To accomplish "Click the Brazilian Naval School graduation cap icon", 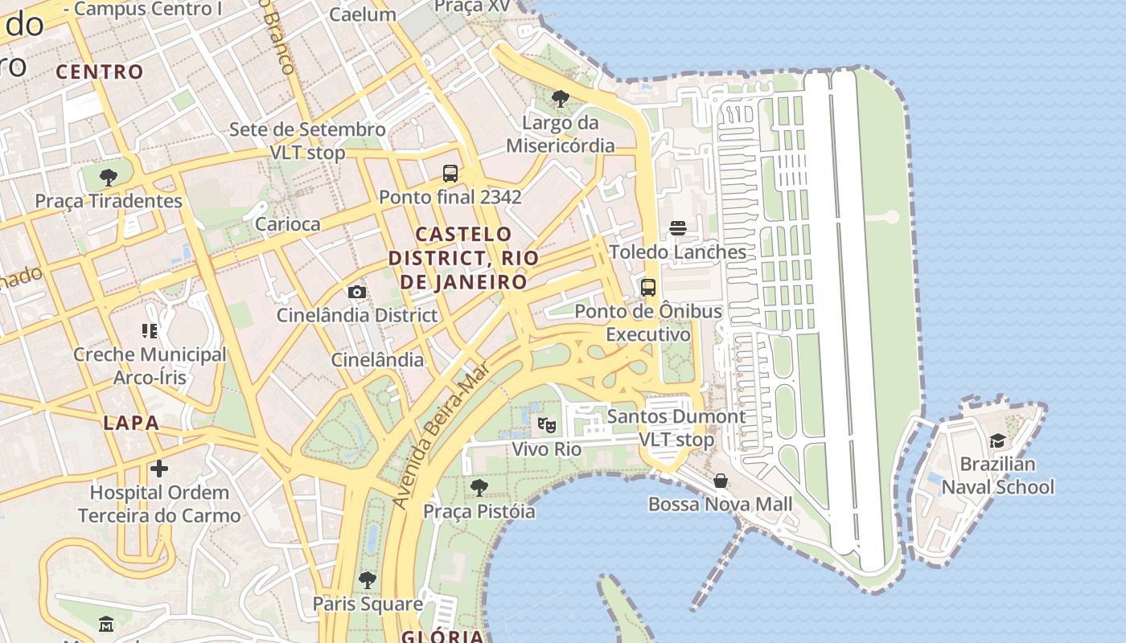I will (x=997, y=440).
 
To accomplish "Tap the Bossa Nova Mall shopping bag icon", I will (x=721, y=481).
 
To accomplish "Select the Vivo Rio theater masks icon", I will (x=547, y=424).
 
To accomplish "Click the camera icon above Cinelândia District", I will (x=357, y=291).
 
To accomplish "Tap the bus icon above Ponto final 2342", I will (x=450, y=173).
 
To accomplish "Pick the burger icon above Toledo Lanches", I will (x=678, y=228).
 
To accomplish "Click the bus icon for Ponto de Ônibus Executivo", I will (x=648, y=287).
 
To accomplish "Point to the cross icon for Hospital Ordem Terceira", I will (x=159, y=469).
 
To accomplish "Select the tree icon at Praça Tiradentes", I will (x=108, y=177).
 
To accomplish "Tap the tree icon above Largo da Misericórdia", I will (x=561, y=99).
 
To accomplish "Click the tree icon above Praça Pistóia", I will (x=479, y=487).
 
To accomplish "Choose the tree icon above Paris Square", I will (x=368, y=580).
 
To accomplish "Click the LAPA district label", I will (x=131, y=424).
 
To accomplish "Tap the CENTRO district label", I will (x=100, y=72).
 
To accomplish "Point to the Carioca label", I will (x=287, y=224).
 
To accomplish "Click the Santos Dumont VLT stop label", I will (x=676, y=428).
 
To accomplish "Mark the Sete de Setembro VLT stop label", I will (x=307, y=141).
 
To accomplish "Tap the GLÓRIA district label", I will (x=442, y=637).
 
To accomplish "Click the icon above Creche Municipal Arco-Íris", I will (x=150, y=330).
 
